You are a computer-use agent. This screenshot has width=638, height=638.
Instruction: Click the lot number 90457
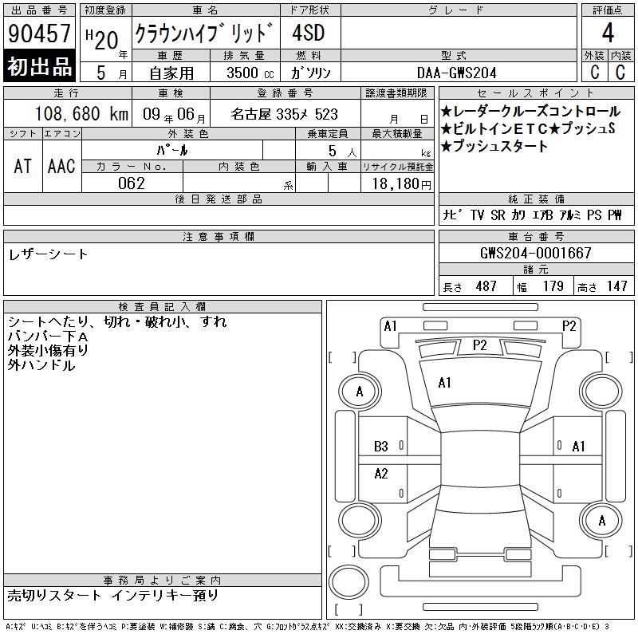point(39,33)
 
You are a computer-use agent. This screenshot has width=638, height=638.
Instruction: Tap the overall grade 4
point(608,33)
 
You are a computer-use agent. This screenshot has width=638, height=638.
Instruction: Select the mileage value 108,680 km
point(81,114)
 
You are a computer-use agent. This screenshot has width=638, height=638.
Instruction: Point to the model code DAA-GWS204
point(456,73)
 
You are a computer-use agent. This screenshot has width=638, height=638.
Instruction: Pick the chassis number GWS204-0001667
point(535,253)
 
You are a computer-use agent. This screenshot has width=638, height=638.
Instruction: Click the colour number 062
point(132,183)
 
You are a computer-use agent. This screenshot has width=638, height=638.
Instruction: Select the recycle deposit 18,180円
point(402,184)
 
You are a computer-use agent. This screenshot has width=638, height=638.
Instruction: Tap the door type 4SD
point(309,33)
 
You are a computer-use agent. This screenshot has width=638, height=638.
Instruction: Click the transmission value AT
point(23,166)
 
